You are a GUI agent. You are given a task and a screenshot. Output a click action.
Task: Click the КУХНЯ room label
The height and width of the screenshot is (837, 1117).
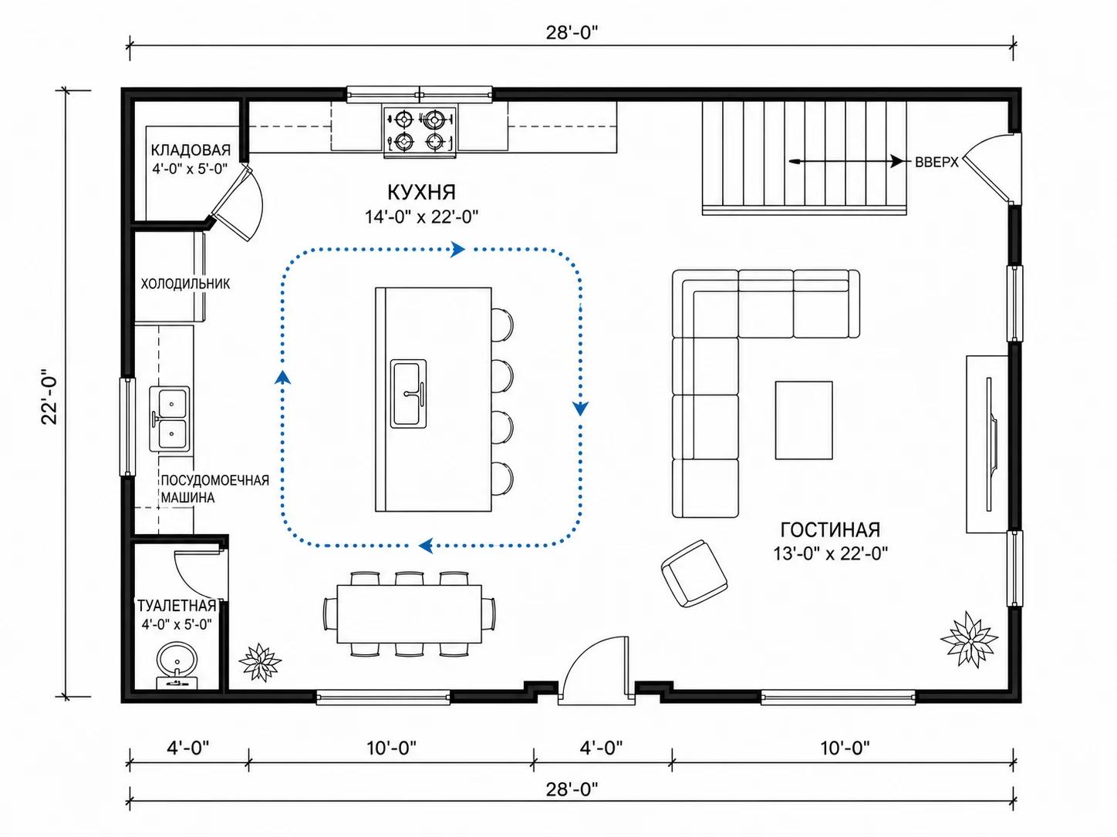pos(421,192)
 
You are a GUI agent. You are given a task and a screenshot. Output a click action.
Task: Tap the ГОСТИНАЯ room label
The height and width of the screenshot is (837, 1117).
pos(830,530)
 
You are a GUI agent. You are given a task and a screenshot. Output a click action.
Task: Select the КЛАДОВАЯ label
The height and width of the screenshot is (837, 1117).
pos(191,150)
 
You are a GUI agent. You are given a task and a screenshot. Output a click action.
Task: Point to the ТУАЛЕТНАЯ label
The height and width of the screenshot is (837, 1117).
pos(177,606)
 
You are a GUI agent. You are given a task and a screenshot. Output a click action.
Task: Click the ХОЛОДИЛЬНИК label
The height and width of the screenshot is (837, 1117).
pos(185,284)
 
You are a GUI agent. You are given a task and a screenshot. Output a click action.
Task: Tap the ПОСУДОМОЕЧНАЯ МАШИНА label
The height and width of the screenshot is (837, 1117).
pos(214,489)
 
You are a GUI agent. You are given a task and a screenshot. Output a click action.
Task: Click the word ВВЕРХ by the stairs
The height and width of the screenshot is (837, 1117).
pos(936,162)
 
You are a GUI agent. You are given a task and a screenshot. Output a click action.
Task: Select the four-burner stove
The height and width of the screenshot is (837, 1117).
pos(420,131)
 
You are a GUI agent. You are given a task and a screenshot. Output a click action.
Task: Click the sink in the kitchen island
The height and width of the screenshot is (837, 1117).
pos(408,393)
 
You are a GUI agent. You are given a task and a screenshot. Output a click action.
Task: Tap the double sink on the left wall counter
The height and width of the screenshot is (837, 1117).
pos(170,418)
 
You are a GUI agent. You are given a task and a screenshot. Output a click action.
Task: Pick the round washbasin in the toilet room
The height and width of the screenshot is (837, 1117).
pos(176,661)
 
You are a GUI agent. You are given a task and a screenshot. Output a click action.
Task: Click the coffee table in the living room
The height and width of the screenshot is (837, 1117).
pos(804,420)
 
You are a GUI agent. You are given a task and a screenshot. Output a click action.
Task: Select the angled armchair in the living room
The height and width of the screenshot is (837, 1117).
pos(694,573)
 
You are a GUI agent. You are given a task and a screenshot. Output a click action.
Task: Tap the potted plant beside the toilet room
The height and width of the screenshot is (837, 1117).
pos(260,662)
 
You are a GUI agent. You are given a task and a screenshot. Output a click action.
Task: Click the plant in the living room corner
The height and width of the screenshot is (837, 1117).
pos(969,639)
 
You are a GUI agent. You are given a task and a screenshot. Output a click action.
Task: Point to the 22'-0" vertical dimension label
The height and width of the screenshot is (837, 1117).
pos(50,396)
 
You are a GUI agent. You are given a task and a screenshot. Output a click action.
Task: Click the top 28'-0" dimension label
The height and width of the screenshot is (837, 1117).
pos(572,32)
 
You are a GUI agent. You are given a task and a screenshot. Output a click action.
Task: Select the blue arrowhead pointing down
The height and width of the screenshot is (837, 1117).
pos(580,408)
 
